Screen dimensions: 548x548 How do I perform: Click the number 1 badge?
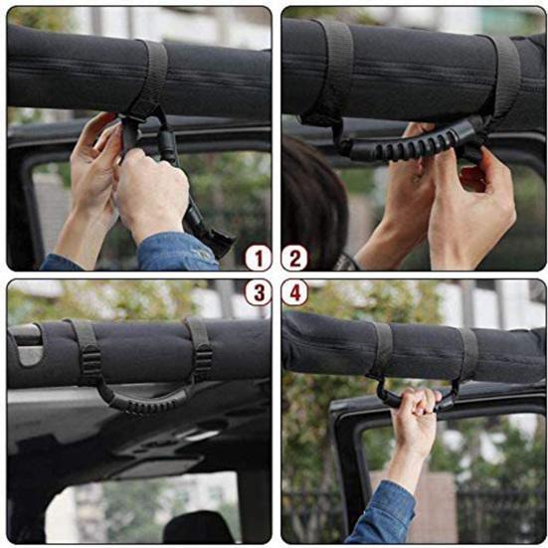point(258,259)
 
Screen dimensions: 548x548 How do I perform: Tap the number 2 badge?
point(293,259)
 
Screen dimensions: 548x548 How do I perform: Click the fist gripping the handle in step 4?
point(416,403)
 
